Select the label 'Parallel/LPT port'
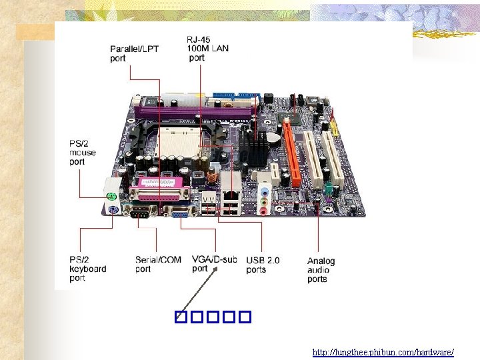coord(129,53)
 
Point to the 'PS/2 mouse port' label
coord(83,152)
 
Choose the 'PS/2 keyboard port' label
coord(87,269)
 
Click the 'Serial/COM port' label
coord(157,264)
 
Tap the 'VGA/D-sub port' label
coord(214,264)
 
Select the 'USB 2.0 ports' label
coord(263,265)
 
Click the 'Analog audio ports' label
coord(321,269)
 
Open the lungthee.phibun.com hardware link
coord(383,351)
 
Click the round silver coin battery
coord(274,138)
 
